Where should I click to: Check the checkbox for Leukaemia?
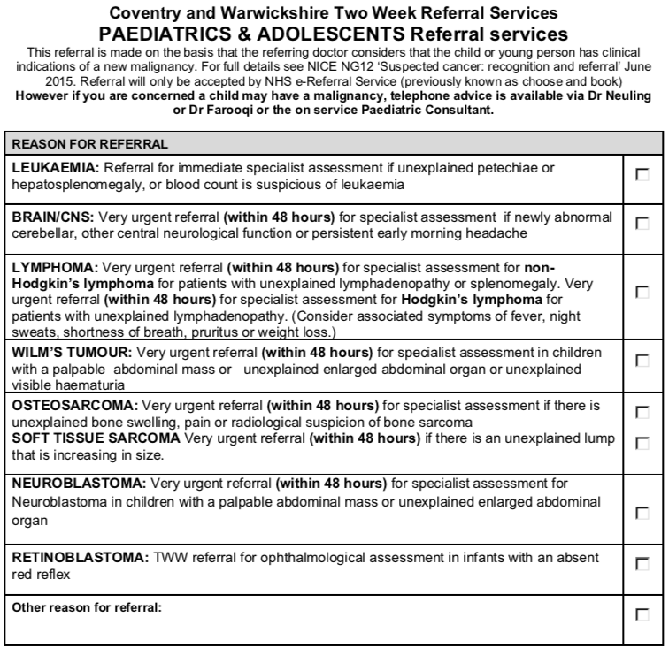[642, 176]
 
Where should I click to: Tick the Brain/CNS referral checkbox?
[642, 224]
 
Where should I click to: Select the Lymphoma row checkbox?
[642, 292]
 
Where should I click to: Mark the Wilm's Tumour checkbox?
[642, 360]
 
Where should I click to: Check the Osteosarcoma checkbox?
[642, 411]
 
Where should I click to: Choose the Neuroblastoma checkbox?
[642, 511]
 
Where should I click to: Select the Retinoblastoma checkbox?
[642, 565]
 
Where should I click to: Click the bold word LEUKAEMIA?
[51, 167]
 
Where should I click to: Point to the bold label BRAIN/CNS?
[50, 215]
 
